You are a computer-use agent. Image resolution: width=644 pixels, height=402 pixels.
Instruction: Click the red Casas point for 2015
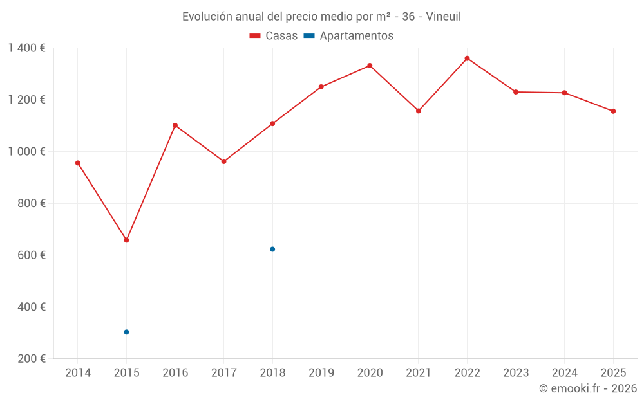coord(126,240)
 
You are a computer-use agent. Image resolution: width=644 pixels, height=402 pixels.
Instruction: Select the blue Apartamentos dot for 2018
coord(272,249)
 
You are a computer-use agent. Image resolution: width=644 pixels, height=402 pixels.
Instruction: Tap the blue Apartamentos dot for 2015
coord(126,332)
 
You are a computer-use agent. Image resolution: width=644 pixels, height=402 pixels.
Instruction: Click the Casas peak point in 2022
coord(467,59)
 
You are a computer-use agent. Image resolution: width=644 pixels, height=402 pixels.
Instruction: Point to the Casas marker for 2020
coord(370,66)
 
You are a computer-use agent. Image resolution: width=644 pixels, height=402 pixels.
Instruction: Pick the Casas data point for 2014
coord(78,163)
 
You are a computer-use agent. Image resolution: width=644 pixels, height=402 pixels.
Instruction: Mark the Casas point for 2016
coord(175,125)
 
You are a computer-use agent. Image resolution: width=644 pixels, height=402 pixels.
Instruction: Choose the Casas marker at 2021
coord(419,111)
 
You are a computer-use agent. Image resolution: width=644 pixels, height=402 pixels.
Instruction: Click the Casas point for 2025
coord(613,111)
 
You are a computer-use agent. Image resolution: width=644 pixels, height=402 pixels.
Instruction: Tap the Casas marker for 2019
coord(321,87)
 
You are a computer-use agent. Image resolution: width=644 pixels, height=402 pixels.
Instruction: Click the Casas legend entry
coord(274,36)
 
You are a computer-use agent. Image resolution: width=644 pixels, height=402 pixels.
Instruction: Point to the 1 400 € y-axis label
coord(26,48)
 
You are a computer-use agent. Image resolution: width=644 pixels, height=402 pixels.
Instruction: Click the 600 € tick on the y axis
coord(32,255)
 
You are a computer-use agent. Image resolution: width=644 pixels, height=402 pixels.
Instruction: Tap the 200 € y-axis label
coord(32,359)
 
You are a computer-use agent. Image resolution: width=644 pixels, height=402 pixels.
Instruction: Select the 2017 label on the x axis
coord(223,373)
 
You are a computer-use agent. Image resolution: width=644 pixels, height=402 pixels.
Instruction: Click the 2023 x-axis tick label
coord(516,373)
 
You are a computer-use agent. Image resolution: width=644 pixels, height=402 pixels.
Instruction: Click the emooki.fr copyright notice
coord(587,388)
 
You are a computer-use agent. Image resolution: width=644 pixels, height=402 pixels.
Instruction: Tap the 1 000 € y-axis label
coord(26,152)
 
